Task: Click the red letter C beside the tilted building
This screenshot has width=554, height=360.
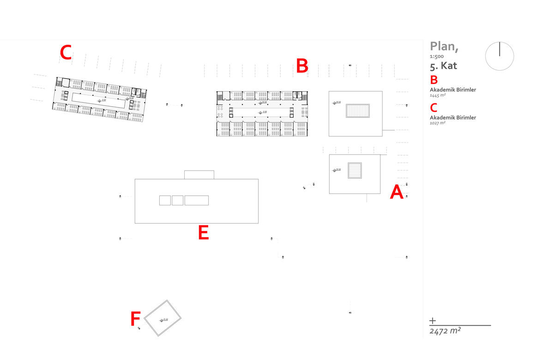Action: (66, 53)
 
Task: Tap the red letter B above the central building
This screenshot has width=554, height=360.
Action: (302, 66)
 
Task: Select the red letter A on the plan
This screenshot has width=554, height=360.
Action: (397, 192)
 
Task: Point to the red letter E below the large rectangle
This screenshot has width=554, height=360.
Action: (203, 233)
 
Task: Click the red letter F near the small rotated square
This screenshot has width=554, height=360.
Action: (135, 318)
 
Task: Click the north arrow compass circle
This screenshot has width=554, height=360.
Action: (500, 56)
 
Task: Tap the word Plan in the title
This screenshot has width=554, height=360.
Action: (444, 46)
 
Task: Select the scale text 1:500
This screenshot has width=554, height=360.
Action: (436, 56)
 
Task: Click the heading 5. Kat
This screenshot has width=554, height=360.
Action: (443, 66)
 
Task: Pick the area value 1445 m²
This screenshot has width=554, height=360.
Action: (437, 95)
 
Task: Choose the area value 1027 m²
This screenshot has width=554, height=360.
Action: (437, 123)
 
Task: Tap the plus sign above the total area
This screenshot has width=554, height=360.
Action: (433, 320)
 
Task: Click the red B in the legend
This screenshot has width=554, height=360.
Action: (434, 80)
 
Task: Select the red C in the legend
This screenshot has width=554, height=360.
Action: (434, 108)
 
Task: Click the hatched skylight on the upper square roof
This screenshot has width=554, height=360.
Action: (358, 111)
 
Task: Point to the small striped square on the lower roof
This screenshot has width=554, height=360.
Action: (355, 170)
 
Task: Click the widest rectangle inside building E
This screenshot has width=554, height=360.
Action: (197, 200)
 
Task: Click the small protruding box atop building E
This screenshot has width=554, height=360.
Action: (199, 174)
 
